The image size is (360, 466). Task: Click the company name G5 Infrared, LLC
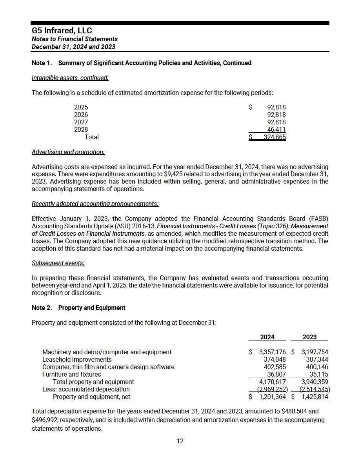click(x=62, y=31)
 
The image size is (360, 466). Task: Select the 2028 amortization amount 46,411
click(x=276, y=130)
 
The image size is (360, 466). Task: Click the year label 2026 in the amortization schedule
click(x=81, y=115)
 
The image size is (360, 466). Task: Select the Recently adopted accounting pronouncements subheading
click(x=95, y=204)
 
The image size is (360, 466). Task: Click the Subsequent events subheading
click(x=58, y=263)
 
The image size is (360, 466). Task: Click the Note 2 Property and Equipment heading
click(x=78, y=308)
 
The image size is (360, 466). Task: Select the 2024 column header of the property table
click(x=267, y=337)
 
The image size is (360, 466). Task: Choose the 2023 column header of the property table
click(x=310, y=337)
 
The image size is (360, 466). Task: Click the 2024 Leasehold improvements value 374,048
click(x=275, y=360)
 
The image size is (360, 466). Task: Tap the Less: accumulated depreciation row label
click(x=86, y=390)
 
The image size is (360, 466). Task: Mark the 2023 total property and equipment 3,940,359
click(x=313, y=382)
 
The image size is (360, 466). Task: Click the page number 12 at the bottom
click(x=180, y=441)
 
